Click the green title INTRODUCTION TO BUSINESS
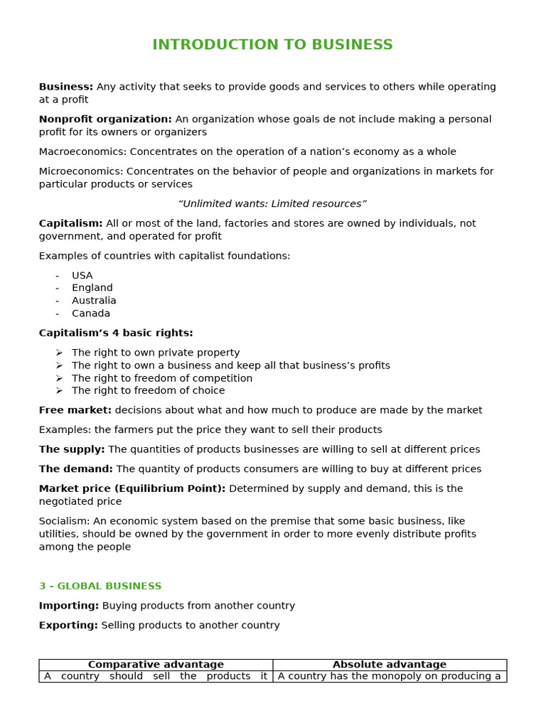pos(272,45)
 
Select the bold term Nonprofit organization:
pos(105,119)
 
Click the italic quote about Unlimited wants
pos(272,204)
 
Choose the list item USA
pos(82,276)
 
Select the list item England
pos(92,288)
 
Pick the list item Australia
pos(94,301)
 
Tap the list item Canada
pos(91,314)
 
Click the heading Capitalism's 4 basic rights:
pos(116,333)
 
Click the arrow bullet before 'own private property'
pos(59,353)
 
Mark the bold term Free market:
pos(75,410)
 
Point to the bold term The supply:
pos(72,449)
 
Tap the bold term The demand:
pos(75,469)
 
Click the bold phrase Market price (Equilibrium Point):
pos(132,489)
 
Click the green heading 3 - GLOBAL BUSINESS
pos(100,587)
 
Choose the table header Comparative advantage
pos(156,665)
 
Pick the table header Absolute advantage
pos(390,665)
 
